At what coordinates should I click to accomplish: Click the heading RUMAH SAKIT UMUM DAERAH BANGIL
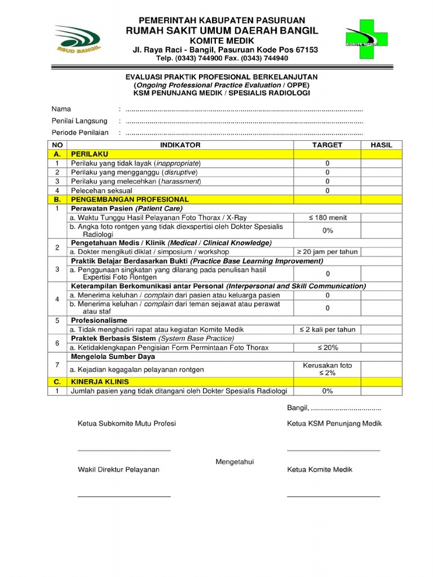(222, 30)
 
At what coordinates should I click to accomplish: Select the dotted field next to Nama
(244, 109)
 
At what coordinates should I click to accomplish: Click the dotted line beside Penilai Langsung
(244, 121)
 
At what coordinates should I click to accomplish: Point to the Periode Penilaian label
(80, 133)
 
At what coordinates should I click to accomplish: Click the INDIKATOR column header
(180, 145)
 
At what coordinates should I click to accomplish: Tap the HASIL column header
(381, 145)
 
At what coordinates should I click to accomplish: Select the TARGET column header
(327, 145)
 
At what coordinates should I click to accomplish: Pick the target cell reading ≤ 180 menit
(327, 218)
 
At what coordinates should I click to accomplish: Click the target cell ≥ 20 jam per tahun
(327, 252)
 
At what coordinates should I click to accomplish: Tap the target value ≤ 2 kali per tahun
(327, 330)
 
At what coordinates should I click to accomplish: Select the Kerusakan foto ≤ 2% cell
(327, 369)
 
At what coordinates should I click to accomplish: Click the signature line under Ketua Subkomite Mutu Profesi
(124, 451)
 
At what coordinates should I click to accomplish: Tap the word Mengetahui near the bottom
(235, 462)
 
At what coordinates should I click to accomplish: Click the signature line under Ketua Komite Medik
(333, 496)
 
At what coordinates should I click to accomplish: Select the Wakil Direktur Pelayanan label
(118, 469)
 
